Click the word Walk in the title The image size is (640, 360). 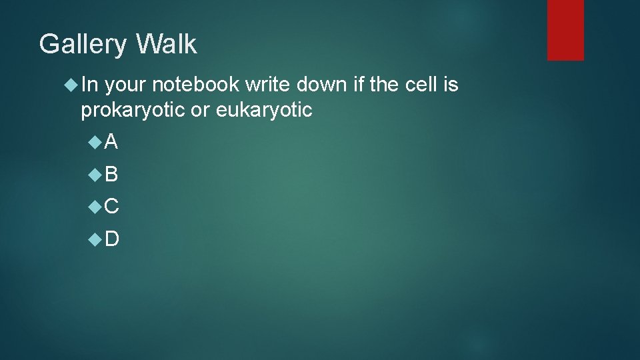pos(166,44)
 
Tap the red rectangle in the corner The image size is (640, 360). pos(565,30)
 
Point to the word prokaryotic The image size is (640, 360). pos(133,110)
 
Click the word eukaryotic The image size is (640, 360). pos(264,110)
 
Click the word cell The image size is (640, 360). pos(418,85)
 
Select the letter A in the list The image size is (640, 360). pos(111,141)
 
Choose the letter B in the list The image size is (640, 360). pos(111,174)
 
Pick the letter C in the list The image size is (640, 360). pos(111,207)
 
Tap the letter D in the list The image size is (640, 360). pos(111,239)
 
